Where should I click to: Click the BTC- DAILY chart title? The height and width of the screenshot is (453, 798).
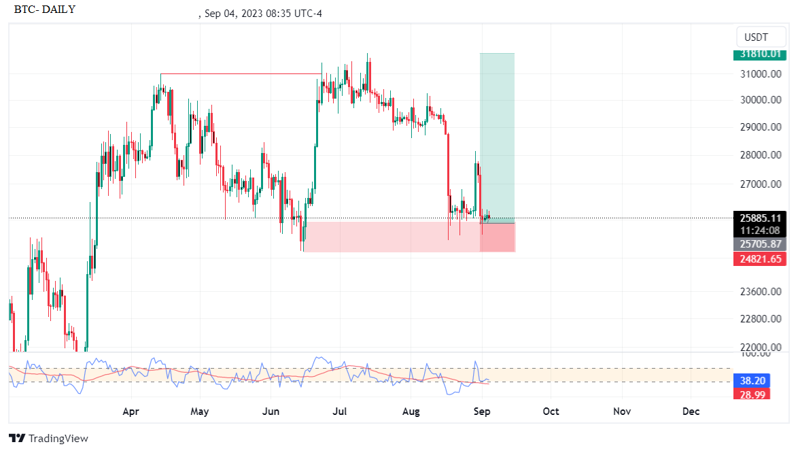point(45,10)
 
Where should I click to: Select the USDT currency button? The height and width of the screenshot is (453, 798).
point(756,37)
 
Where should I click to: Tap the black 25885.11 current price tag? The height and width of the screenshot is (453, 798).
point(761,218)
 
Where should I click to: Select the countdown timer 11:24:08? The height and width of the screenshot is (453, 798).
point(761,231)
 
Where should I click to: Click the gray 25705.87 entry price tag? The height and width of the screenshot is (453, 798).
point(761,244)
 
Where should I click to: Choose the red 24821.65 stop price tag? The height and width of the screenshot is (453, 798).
point(761,258)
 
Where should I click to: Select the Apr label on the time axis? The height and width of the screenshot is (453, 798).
point(131,412)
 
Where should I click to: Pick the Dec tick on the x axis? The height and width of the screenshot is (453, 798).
point(691,412)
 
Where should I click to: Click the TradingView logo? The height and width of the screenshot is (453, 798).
point(48,439)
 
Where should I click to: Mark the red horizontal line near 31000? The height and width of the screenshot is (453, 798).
point(241,73)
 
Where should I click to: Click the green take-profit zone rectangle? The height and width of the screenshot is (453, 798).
point(497,136)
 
